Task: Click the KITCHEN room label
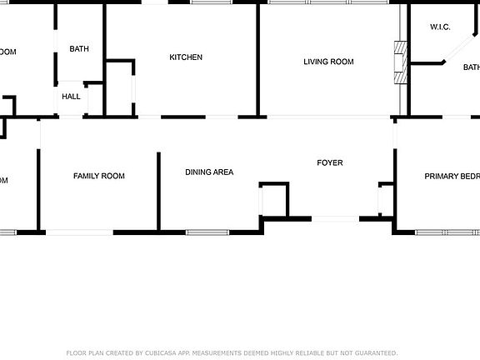186,57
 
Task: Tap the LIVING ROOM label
328,62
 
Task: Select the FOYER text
329,162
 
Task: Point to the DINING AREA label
209,172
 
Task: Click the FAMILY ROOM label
99,176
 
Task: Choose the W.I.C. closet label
440,27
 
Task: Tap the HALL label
71,97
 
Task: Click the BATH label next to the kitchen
79,49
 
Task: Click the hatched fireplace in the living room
400,62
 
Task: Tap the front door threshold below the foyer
335,219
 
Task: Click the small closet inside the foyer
274,200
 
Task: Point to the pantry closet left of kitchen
121,87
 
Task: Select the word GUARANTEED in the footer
377,352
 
